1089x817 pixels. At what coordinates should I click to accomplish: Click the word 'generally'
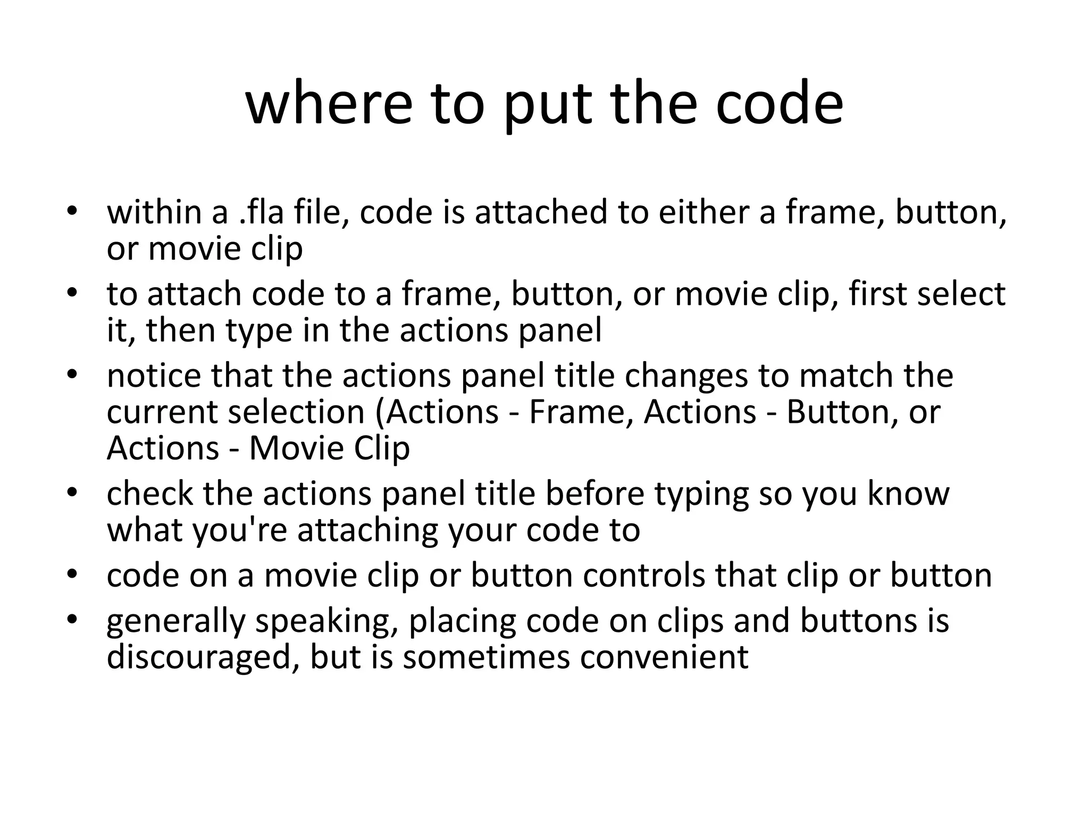176,621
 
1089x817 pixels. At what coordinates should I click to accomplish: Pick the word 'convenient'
664,657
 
